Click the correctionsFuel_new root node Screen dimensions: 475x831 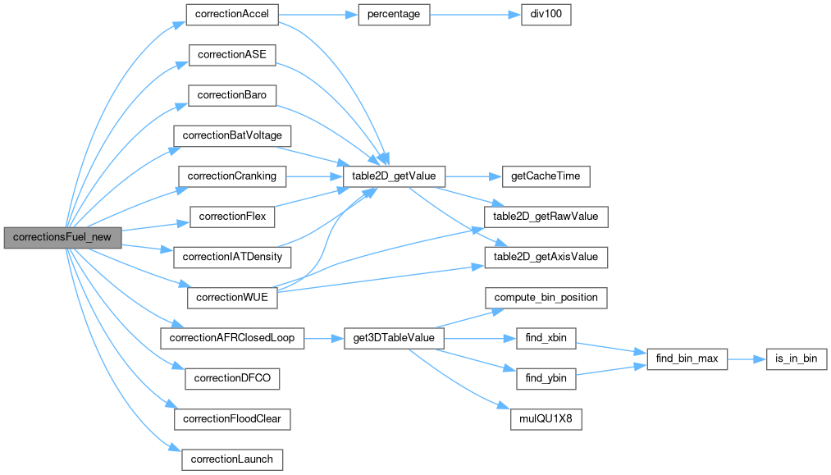[x=62, y=237]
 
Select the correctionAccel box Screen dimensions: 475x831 [x=233, y=14]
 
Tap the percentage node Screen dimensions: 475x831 [x=394, y=14]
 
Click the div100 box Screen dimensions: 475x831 [x=546, y=14]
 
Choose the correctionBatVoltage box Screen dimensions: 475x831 [x=232, y=135]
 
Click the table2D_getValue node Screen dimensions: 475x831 [x=387, y=176]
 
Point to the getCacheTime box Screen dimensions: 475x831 [x=538, y=176]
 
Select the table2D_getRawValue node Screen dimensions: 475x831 [x=546, y=216]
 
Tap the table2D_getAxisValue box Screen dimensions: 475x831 [x=546, y=256]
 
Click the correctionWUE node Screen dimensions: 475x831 [x=233, y=296]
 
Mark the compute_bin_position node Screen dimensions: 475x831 [x=546, y=296]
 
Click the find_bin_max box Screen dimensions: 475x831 [x=687, y=358]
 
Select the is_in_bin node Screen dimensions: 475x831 [x=796, y=358]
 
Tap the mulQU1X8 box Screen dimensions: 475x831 [x=546, y=418]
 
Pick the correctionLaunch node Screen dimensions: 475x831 [x=232, y=459]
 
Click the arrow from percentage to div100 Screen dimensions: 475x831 [x=475, y=14]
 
